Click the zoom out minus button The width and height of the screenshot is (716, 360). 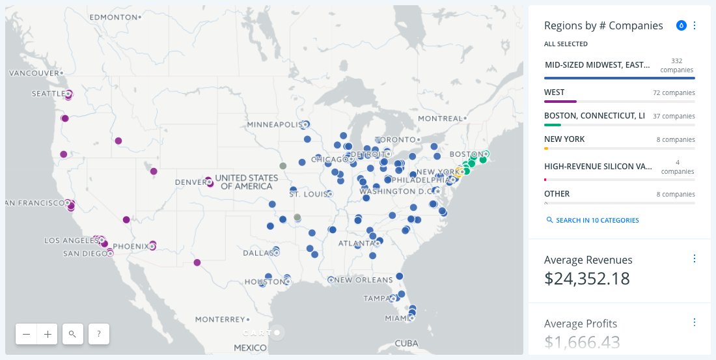click(x=26, y=334)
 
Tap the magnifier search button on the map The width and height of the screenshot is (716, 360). click(x=72, y=334)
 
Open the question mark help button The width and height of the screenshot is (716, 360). click(x=98, y=334)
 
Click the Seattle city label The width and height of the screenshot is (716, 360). click(x=48, y=94)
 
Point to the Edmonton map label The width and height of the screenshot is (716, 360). click(x=112, y=16)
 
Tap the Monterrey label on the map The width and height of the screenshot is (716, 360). click(x=220, y=320)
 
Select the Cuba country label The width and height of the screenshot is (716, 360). click(x=406, y=343)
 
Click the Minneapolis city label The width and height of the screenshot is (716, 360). click(x=273, y=124)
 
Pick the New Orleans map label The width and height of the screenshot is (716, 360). click(x=365, y=280)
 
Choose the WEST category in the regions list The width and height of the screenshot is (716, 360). click(x=555, y=92)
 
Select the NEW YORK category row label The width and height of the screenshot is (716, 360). click(x=564, y=139)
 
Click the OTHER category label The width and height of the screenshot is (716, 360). click(x=557, y=193)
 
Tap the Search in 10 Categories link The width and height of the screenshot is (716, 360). click(x=597, y=220)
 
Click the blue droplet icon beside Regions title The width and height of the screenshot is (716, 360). click(x=681, y=25)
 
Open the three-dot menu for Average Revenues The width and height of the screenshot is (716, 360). click(x=694, y=258)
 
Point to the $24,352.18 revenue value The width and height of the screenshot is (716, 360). click(x=587, y=279)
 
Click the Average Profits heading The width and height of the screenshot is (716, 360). click(x=581, y=324)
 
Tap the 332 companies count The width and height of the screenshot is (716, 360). click(x=677, y=65)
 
